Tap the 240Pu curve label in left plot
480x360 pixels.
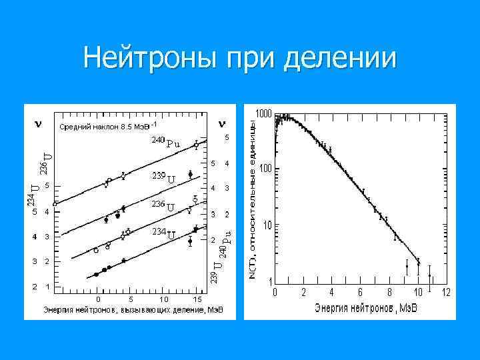pyautogui.click(x=165, y=142)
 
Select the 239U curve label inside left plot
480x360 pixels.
pyautogui.click(x=163, y=177)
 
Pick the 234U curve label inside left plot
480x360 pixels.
pyautogui.click(x=163, y=233)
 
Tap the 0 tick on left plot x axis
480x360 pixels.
pyautogui.click(x=98, y=299)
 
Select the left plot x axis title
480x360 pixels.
pyautogui.click(x=133, y=310)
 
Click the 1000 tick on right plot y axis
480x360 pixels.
pyautogui.click(x=263, y=114)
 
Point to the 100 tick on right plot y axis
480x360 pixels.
pyautogui.click(x=265, y=169)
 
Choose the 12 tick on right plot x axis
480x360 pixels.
pyautogui.click(x=446, y=292)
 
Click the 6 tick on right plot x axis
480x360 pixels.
pyautogui.click(x=361, y=292)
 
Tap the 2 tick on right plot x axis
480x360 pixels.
pyautogui.click(x=303, y=292)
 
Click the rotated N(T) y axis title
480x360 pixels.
pyautogui.click(x=252, y=200)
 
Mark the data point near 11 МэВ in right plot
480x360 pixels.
pyautogui.click(x=430, y=275)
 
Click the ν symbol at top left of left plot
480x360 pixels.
pyautogui.click(x=38, y=123)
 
